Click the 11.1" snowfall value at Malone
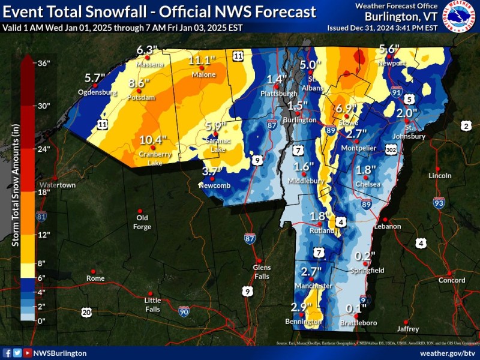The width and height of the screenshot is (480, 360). click(202, 61)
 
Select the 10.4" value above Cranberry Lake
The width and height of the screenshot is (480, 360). click(152, 140)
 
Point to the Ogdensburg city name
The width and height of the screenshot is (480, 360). click(96, 93)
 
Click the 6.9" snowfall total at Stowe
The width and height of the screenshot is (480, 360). click(346, 109)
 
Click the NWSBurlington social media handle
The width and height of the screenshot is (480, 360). click(60, 353)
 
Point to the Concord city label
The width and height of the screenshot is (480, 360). click(451, 280)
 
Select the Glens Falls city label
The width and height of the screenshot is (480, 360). click(262, 271)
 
